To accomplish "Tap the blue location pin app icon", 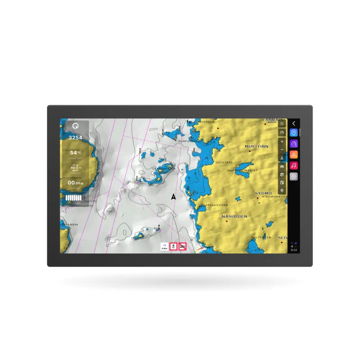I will (x=293, y=133).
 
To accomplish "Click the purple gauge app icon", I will (x=293, y=144).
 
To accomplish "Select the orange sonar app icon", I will (x=293, y=154).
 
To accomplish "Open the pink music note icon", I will (x=293, y=166).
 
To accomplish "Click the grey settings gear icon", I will (x=293, y=176).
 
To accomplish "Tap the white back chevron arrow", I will (x=293, y=123).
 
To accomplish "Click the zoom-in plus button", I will (x=282, y=141).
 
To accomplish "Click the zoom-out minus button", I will (x=282, y=149).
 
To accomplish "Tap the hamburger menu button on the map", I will (x=282, y=123).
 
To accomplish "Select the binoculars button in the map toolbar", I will (x=282, y=166).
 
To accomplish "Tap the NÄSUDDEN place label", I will (x=234, y=216).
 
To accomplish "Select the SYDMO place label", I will (x=264, y=193).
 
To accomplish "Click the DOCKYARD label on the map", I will (x=224, y=162).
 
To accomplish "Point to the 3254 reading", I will (x=75, y=138).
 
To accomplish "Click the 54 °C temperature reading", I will (x=75, y=153).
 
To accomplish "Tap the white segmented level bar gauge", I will (x=75, y=198).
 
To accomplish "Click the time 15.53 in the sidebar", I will (x=293, y=250).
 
